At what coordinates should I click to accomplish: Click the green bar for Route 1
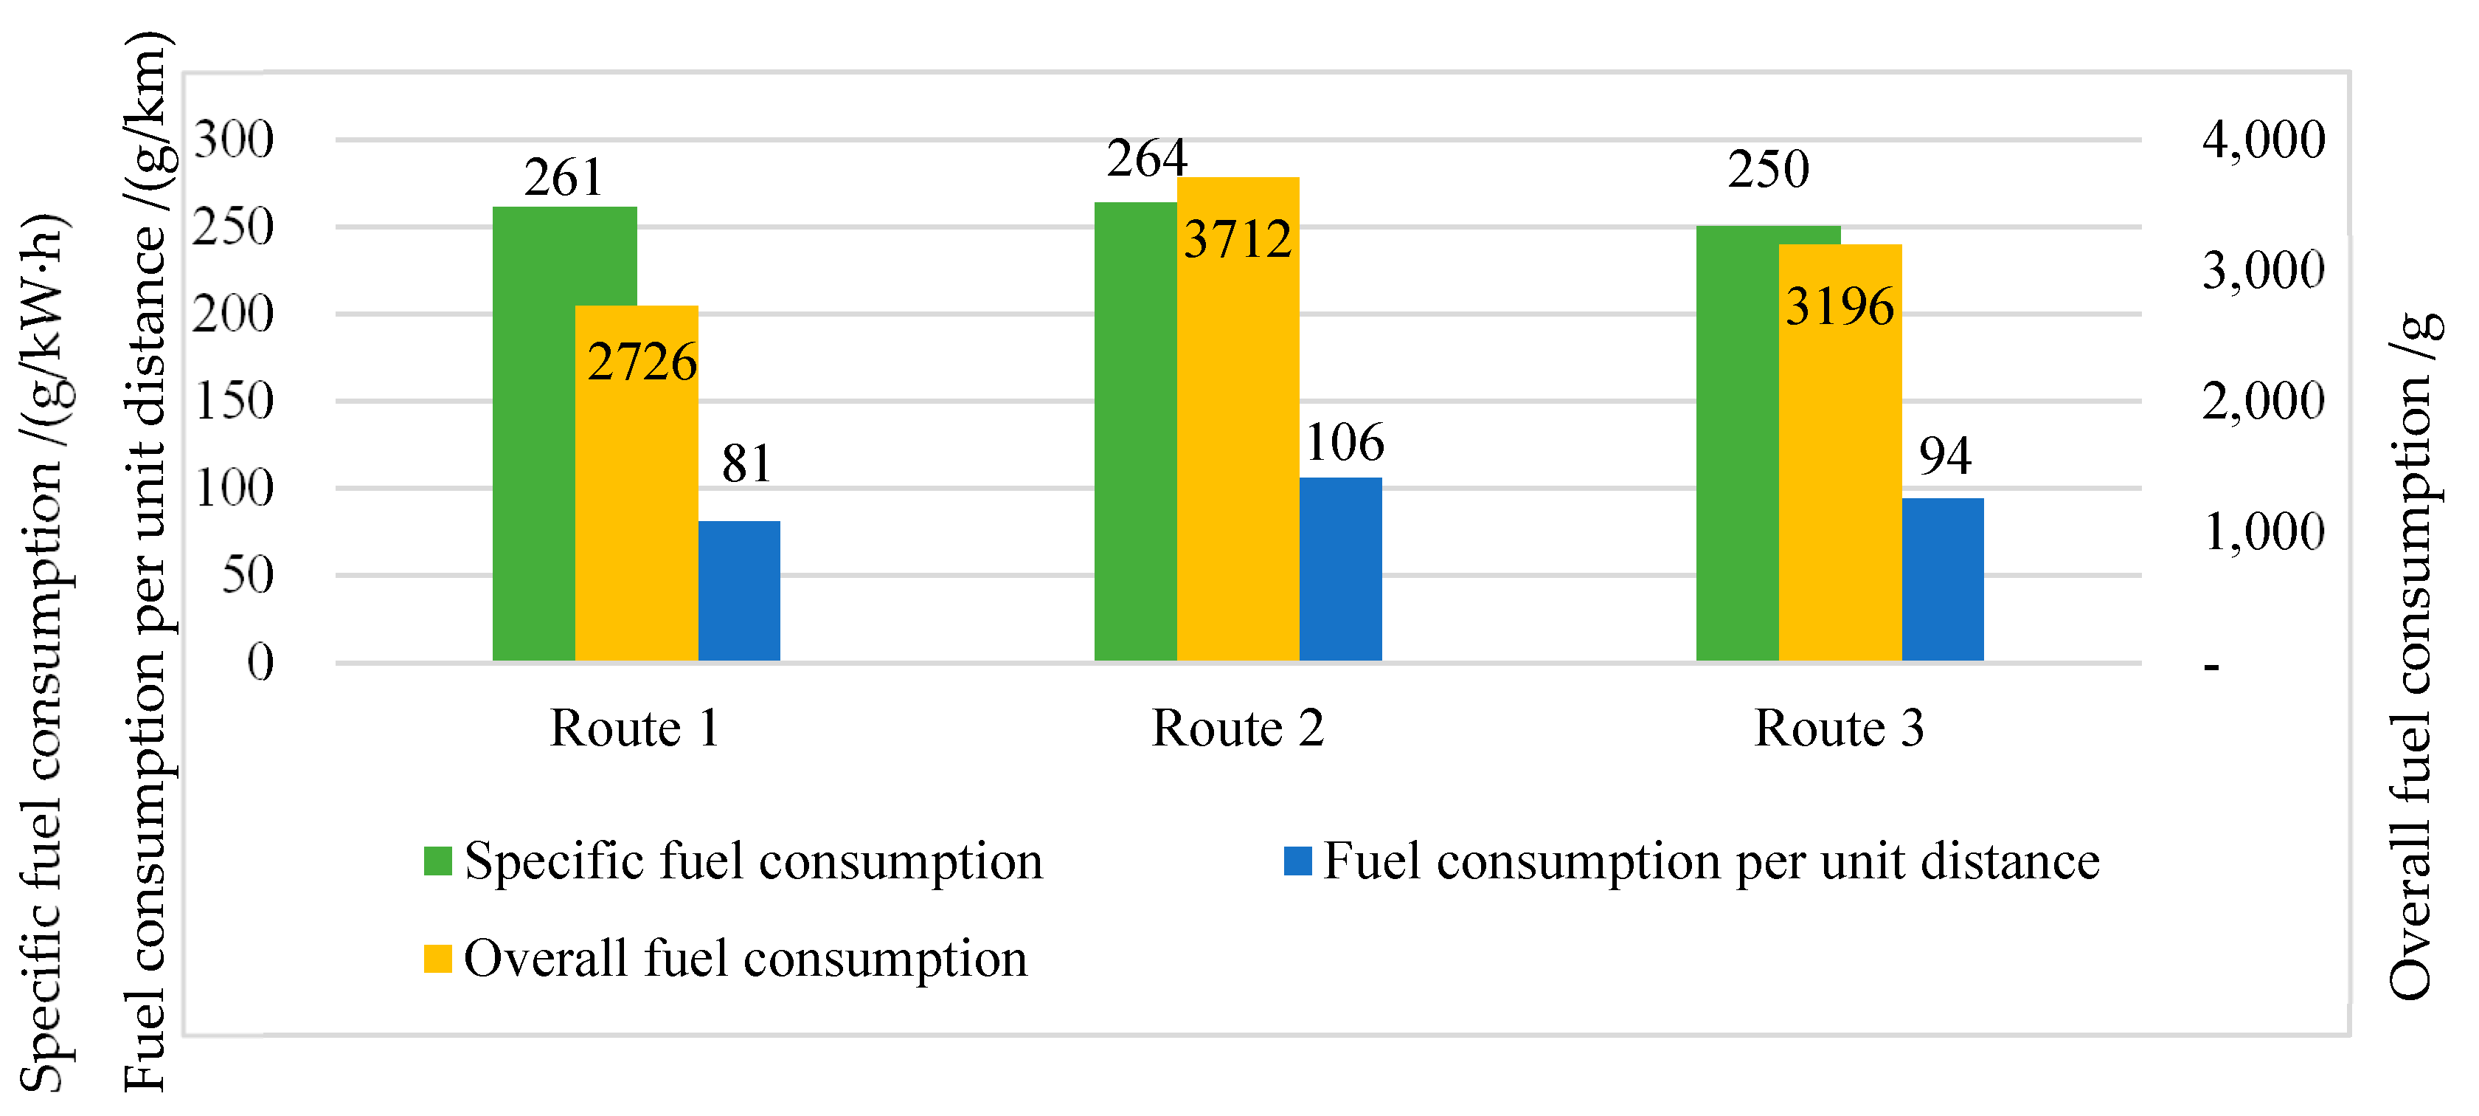(534, 433)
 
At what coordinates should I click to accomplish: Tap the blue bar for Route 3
(1942, 579)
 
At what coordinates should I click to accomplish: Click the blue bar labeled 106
(1340, 568)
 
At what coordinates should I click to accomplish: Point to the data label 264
(1146, 159)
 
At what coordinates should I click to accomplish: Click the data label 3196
(1839, 307)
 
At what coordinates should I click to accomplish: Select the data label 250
(1768, 170)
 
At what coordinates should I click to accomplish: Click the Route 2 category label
(1238, 728)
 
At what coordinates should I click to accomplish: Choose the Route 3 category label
(1839, 728)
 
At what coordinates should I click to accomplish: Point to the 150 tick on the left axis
(234, 402)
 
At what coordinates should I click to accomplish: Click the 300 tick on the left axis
(234, 140)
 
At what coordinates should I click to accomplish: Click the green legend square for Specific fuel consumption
(438, 861)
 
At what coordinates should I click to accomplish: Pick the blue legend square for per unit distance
(1297, 861)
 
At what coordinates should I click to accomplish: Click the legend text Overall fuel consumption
(745, 959)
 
